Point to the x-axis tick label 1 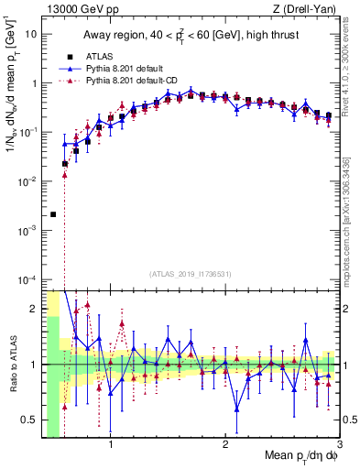[111, 446]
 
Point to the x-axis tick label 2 [225, 446]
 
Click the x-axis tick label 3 [339, 446]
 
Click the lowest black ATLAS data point [53, 214]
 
